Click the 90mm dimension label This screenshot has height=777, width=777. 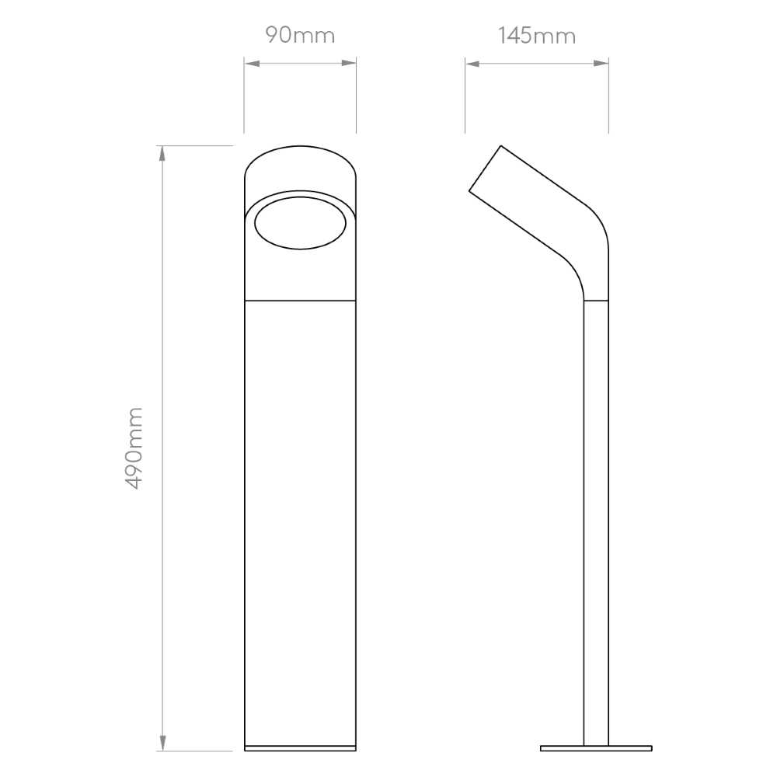point(300,35)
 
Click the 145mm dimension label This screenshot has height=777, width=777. point(537,36)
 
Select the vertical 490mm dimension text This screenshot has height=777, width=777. point(134,448)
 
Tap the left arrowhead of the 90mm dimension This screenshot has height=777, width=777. point(252,64)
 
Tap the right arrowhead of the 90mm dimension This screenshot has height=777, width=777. point(348,63)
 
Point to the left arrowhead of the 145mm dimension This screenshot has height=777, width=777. point(472,64)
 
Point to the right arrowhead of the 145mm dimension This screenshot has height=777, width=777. point(601,64)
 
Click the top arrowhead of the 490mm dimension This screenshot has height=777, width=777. point(162,154)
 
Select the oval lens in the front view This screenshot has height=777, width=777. point(300,223)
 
